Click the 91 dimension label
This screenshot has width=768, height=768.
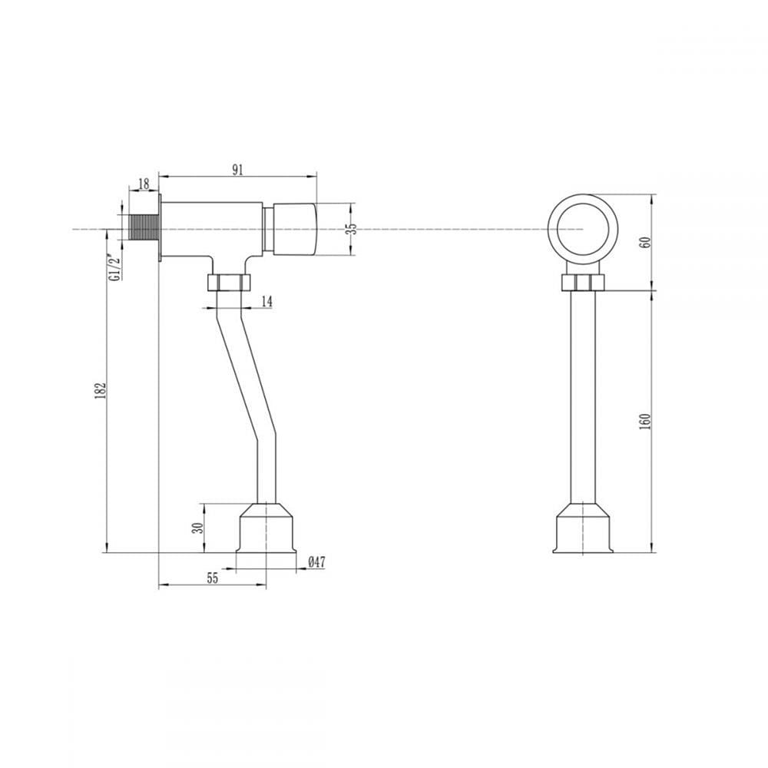[237, 170]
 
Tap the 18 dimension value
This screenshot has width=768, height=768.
[144, 184]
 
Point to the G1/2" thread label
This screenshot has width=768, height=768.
[115, 266]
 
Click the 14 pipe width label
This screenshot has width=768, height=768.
[266, 301]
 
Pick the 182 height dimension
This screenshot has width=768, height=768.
[101, 391]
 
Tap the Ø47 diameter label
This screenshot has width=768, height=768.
[317, 562]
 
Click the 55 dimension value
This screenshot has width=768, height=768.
[212, 578]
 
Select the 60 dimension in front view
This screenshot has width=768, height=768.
[646, 241]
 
